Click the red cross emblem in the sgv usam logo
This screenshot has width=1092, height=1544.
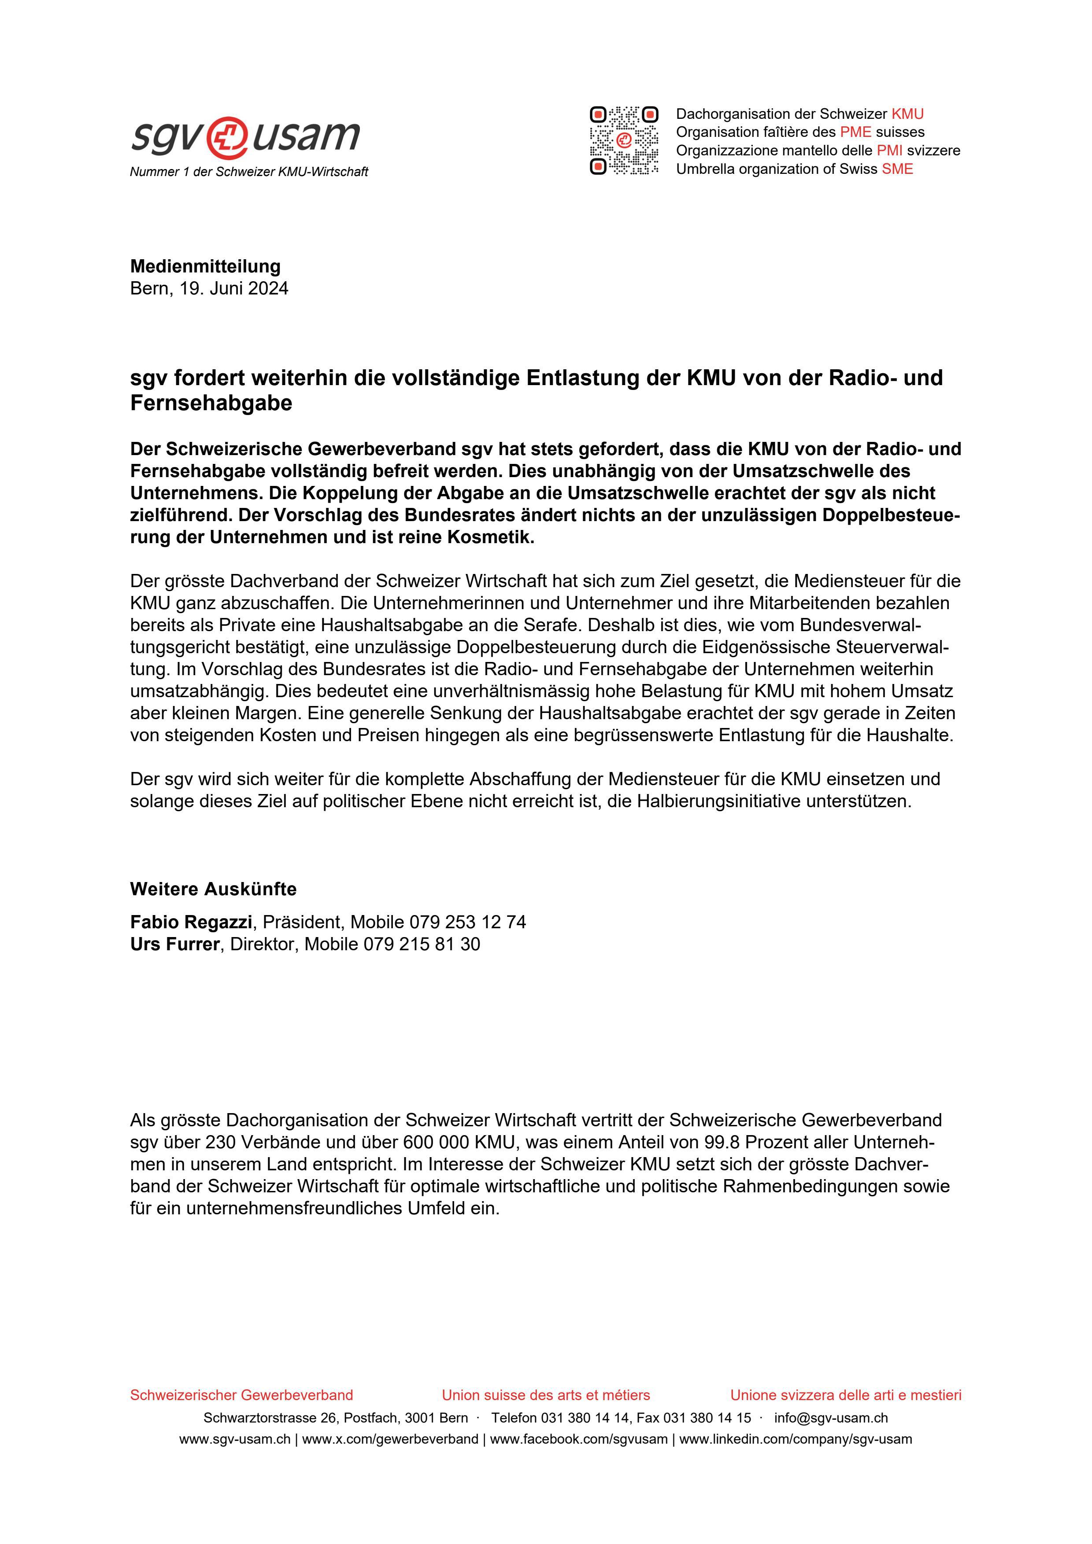click(227, 136)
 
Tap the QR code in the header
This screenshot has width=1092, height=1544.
click(624, 140)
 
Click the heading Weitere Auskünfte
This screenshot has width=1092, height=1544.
click(213, 889)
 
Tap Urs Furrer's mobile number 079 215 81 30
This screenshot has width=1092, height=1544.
click(421, 944)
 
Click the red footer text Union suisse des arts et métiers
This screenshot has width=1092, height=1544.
click(546, 1395)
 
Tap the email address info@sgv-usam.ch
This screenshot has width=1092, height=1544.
click(830, 1418)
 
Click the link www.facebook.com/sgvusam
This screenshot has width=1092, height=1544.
click(579, 1439)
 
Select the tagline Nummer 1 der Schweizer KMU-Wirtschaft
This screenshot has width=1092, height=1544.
click(249, 172)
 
